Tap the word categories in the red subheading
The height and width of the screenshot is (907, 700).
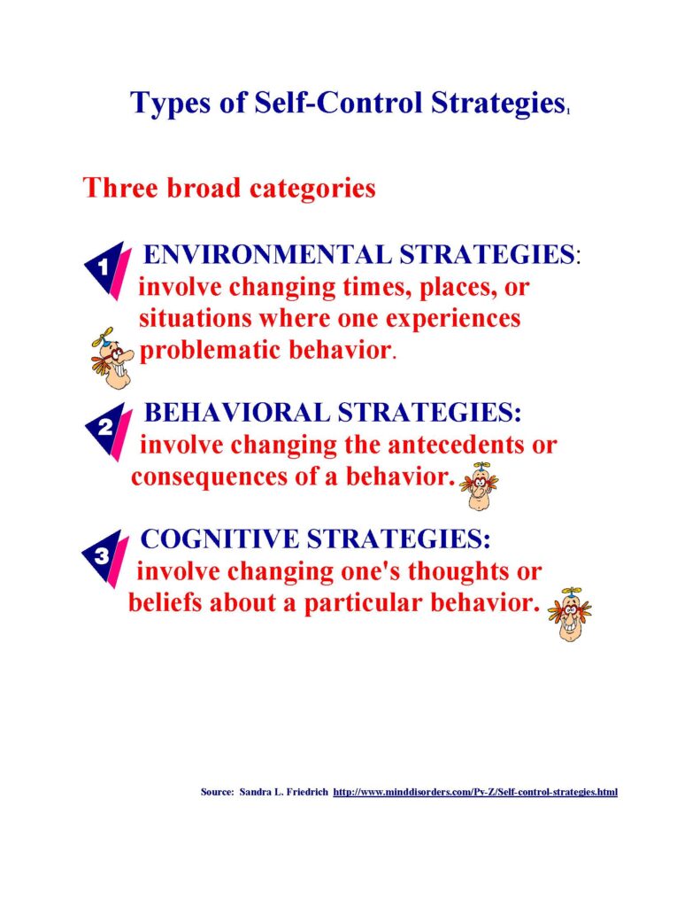[x=312, y=188]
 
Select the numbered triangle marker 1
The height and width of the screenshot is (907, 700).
[x=106, y=270]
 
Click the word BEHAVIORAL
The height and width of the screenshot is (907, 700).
[x=236, y=413]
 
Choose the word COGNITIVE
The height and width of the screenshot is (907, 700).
[x=219, y=539]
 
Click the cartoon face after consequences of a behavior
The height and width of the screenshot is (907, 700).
[x=479, y=486]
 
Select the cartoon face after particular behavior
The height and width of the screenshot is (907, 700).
[x=570, y=614]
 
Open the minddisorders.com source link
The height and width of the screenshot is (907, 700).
[x=475, y=791]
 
